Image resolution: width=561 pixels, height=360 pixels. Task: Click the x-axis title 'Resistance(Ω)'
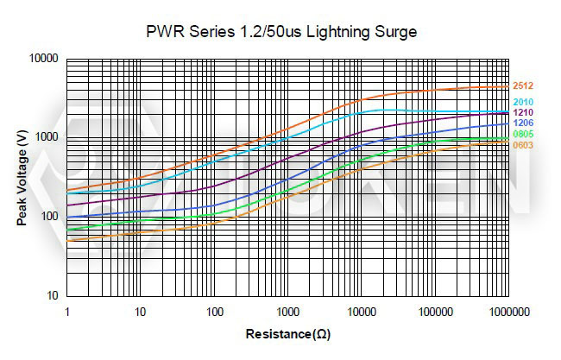[x=287, y=334]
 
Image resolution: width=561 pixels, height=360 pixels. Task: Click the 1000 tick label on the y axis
[x=46, y=137]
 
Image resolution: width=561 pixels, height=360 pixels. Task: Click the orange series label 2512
[x=522, y=86]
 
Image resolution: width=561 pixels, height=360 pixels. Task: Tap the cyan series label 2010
[x=522, y=103]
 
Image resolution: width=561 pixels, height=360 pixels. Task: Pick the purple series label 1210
[x=522, y=113]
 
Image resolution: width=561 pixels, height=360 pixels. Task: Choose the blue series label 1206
[x=522, y=123]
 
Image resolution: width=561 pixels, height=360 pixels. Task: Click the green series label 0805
[x=522, y=135]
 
